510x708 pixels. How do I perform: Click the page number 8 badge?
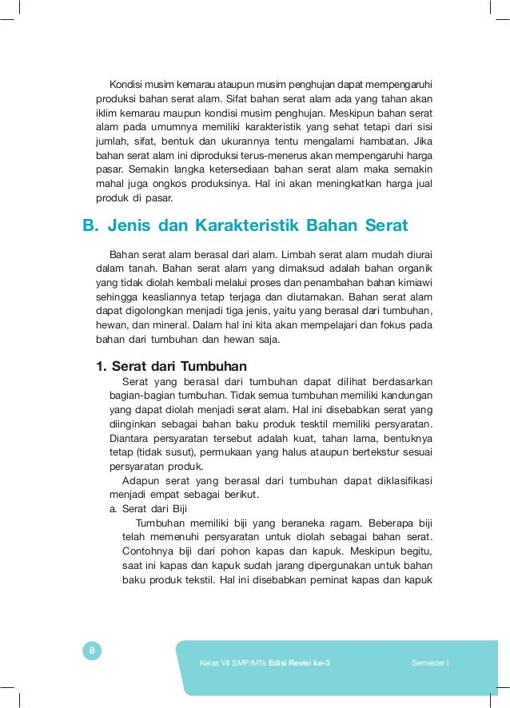tap(92, 651)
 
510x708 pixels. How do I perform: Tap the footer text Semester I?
tap(430, 663)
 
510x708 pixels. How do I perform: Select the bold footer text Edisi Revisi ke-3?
tap(299, 663)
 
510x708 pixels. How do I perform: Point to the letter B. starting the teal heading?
tap(91, 225)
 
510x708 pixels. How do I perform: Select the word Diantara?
tap(129, 438)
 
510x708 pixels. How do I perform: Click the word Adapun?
tap(141, 481)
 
